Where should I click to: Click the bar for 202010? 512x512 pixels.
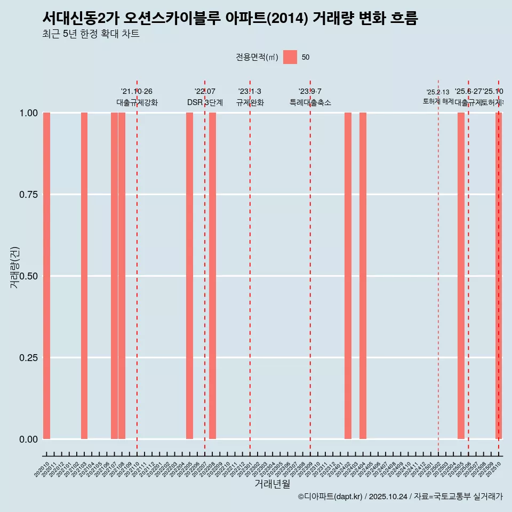[x=46, y=276]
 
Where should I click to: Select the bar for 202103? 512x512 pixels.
[x=84, y=276]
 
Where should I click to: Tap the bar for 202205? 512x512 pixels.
[x=189, y=276]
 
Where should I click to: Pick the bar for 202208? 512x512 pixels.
[x=212, y=276]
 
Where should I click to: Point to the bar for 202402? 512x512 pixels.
[x=348, y=276]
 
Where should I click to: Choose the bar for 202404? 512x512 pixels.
[x=363, y=276]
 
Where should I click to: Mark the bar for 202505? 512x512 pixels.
[x=461, y=276]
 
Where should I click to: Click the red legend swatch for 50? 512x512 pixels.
[x=290, y=57]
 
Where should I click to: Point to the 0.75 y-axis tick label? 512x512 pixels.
[x=28, y=195]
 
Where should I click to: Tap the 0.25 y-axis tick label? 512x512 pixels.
[x=28, y=357]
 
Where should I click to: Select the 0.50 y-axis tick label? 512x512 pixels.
[x=28, y=276]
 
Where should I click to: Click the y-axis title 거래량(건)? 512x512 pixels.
[x=15, y=267]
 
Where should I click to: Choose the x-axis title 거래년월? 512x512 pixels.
[x=272, y=484]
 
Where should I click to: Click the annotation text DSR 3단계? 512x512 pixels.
[x=205, y=102]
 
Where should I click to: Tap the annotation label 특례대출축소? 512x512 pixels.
[x=310, y=102]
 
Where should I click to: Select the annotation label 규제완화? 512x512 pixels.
[x=250, y=102]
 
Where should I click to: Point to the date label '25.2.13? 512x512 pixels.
[x=438, y=92]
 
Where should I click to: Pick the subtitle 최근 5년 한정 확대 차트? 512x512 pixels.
[x=91, y=35]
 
